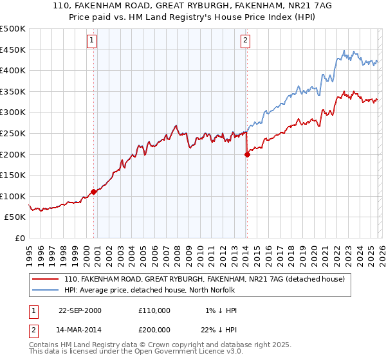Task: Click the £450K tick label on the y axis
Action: pyautogui.click(x=13, y=50)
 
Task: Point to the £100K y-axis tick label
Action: pyautogui.click(x=13, y=196)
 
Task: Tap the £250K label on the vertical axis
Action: pyautogui.click(x=13, y=133)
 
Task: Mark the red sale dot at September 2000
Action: pyautogui.click(x=94, y=192)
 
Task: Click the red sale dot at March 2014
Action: pyautogui.click(x=247, y=154)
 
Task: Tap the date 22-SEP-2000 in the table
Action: pyautogui.click(x=80, y=310)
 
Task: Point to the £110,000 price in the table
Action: pyautogui.click(x=154, y=310)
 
